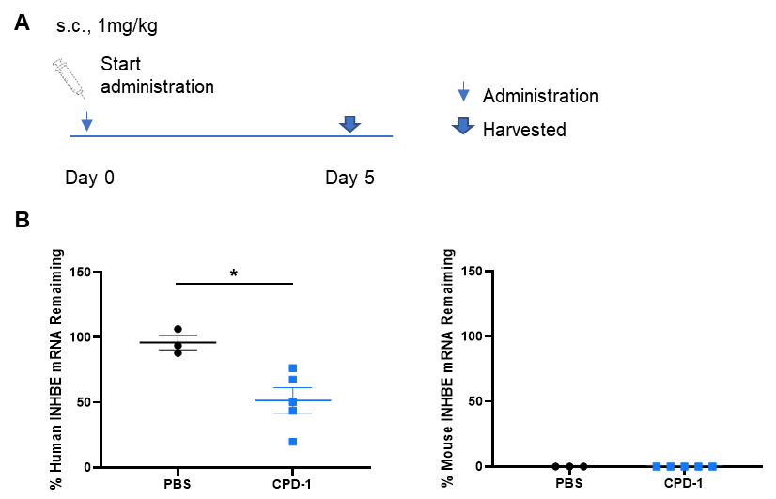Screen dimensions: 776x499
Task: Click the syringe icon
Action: pyautogui.click(x=69, y=78)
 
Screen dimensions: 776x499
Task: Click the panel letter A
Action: pyautogui.click(x=22, y=23)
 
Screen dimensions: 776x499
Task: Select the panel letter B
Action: pyautogui.click(x=23, y=219)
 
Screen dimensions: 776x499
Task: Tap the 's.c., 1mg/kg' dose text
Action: pyautogui.click(x=107, y=25)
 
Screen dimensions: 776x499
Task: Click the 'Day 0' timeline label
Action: pyautogui.click(x=89, y=178)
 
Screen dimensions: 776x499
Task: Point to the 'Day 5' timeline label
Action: pyautogui.click(x=349, y=178)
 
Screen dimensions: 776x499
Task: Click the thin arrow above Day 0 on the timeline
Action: pyautogui.click(x=86, y=121)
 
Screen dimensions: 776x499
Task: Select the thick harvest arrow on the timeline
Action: pyautogui.click(x=349, y=124)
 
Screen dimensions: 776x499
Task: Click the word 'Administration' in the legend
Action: pyautogui.click(x=540, y=96)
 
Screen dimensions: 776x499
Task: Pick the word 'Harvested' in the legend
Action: pyautogui.click(x=524, y=129)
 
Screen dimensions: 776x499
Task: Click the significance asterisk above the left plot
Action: pyautogui.click(x=234, y=273)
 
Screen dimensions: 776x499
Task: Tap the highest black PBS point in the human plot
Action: pyautogui.click(x=178, y=329)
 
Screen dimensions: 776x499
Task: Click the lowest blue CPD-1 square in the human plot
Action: pyautogui.click(x=293, y=442)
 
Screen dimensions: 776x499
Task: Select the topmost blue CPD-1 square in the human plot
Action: pyautogui.click(x=293, y=368)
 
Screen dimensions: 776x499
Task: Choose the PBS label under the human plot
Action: pyautogui.click(x=178, y=484)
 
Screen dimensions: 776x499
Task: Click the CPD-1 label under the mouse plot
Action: pyautogui.click(x=683, y=483)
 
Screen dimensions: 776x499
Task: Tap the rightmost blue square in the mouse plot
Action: pyautogui.click(x=712, y=466)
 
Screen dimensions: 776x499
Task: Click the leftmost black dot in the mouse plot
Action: pyautogui.click(x=556, y=466)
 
